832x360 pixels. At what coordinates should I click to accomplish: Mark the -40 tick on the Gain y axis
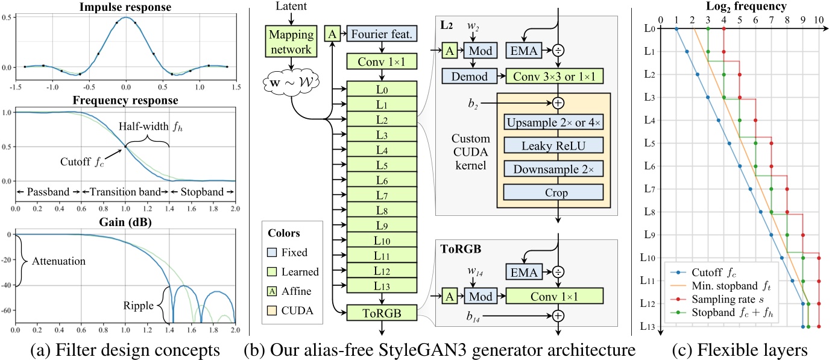8,285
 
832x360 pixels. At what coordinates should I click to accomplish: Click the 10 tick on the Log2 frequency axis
818,19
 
